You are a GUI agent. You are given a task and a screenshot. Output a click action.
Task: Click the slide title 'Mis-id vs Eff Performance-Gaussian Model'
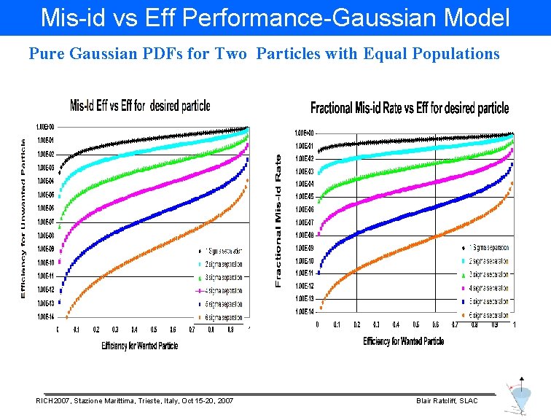pyautogui.click(x=275, y=17)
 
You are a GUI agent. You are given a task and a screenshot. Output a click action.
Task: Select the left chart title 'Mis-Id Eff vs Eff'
pyautogui.click(x=140, y=106)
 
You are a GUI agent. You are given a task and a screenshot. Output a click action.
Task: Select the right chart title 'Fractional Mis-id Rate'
pyautogui.click(x=410, y=108)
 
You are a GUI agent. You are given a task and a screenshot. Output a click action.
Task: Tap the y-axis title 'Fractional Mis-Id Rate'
pyautogui.click(x=278, y=219)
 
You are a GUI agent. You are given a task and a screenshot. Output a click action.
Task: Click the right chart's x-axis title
pyautogui.click(x=403, y=341)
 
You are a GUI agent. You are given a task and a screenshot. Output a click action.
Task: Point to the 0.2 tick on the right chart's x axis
pyautogui.click(x=356, y=324)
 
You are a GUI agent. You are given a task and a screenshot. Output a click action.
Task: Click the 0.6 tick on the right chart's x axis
pyautogui.click(x=436, y=324)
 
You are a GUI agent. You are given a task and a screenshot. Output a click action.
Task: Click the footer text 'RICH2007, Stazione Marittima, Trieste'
pyautogui.click(x=135, y=401)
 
